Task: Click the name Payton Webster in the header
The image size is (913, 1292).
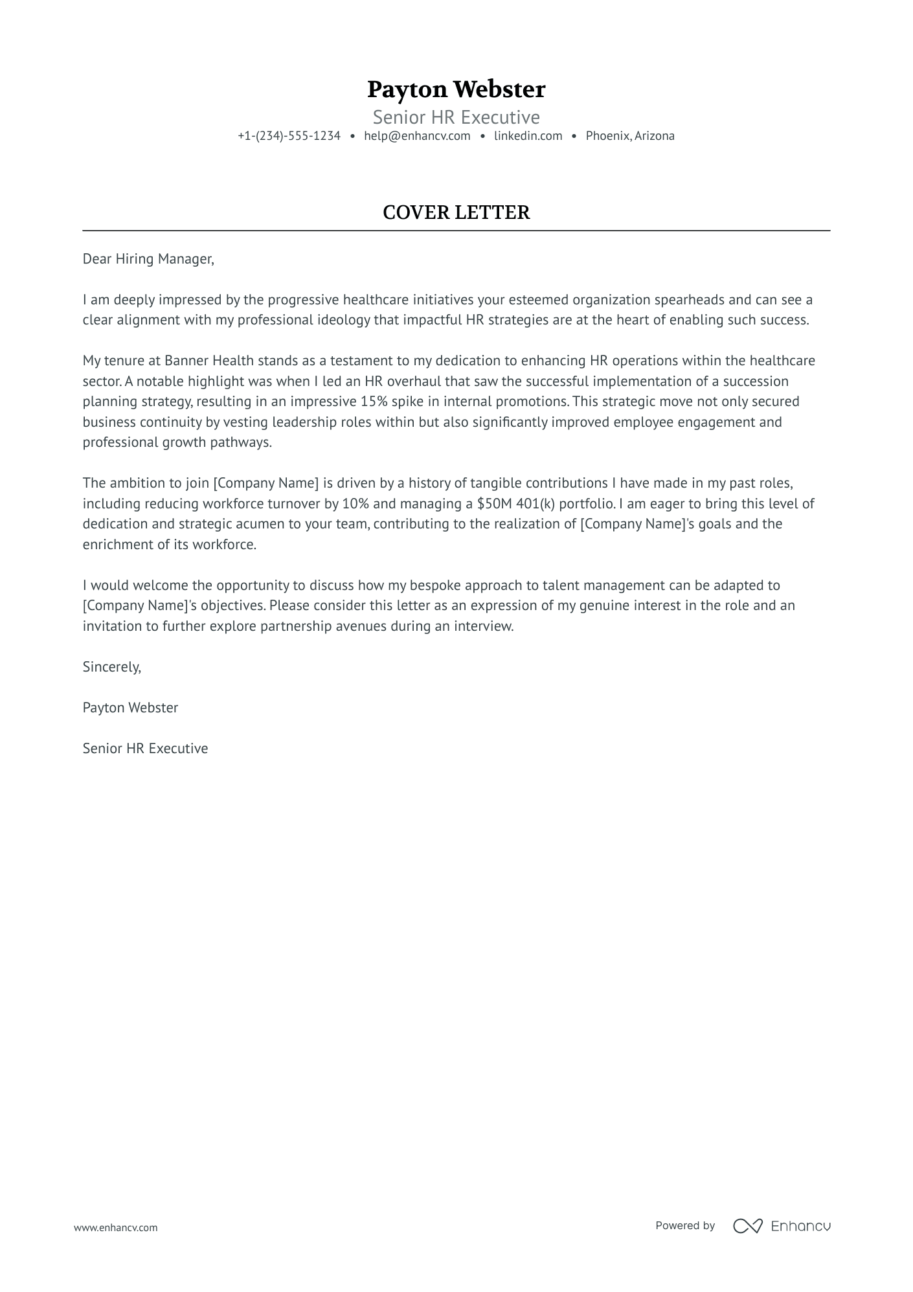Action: [456, 89]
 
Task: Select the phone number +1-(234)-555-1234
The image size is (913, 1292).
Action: [289, 136]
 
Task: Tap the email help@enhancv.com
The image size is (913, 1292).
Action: [417, 136]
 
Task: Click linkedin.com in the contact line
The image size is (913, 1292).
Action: [528, 136]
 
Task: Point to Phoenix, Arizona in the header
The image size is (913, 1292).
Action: [630, 136]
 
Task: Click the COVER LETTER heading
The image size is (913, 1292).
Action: [456, 212]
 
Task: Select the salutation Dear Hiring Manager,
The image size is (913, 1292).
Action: [148, 259]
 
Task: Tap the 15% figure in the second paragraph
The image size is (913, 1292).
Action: [374, 402]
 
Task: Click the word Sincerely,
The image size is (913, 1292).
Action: [111, 667]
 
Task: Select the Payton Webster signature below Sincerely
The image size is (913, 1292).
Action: [130, 708]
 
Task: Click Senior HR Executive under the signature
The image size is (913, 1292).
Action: [145, 749]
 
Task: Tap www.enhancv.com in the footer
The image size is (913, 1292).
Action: [115, 1227]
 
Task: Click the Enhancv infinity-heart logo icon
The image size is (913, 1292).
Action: [747, 1226]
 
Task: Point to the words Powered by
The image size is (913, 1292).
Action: [684, 1225]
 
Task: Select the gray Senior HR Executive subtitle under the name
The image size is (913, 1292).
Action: [456, 117]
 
